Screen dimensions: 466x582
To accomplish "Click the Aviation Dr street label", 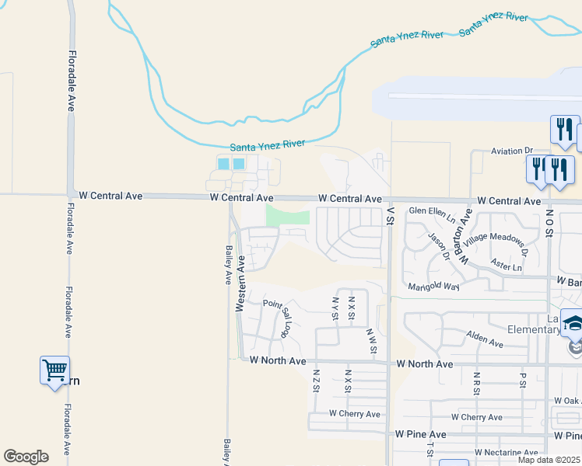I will click(x=511, y=151).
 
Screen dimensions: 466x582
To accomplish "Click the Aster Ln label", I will click(x=507, y=266).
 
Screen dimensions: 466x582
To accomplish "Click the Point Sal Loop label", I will click(x=277, y=317).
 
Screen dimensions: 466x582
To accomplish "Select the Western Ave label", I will click(x=240, y=285).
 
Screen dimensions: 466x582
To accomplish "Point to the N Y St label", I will click(x=335, y=308).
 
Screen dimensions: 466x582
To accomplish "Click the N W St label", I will click(x=371, y=342).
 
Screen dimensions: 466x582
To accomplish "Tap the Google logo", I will click(x=26, y=457).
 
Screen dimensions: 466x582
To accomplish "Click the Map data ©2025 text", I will click(x=549, y=460).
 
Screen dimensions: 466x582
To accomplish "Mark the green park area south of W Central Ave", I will click(x=288, y=215).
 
